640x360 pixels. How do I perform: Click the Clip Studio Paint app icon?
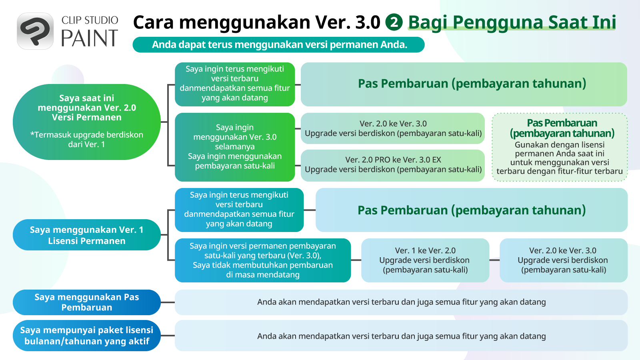pyautogui.click(x=35, y=31)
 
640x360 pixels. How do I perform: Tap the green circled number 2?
pyautogui.click(x=394, y=22)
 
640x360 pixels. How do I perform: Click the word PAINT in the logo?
pyautogui.click(x=90, y=38)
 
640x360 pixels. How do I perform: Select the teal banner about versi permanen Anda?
pyautogui.click(x=278, y=44)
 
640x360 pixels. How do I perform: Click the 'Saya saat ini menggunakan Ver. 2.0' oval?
pyautogui.click(x=86, y=122)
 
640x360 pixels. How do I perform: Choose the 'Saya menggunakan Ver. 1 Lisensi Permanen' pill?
pyautogui.click(x=86, y=235)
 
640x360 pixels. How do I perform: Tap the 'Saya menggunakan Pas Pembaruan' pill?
pyautogui.click(x=86, y=302)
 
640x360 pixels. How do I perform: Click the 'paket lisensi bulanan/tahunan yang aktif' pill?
pyautogui.click(x=86, y=336)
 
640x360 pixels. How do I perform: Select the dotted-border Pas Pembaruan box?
pyautogui.click(x=560, y=147)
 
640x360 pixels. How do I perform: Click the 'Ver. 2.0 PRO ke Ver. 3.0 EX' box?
pyautogui.click(x=393, y=166)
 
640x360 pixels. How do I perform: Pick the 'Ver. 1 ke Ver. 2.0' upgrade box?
pyautogui.click(x=425, y=260)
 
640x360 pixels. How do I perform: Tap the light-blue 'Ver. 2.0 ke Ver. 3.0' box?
pyautogui.click(x=564, y=260)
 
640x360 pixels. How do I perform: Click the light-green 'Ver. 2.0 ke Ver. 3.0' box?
pyautogui.click(x=393, y=128)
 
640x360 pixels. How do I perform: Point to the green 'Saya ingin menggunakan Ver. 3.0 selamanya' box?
pyautogui.click(x=235, y=147)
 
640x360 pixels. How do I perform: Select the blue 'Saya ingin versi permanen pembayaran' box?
pyautogui.click(x=263, y=260)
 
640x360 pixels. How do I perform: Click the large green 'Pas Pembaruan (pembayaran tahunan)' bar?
pyautogui.click(x=464, y=84)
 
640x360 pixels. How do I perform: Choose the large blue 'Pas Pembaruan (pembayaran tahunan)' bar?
pyautogui.click(x=472, y=210)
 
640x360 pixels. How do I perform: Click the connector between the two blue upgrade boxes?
pyautogui.click(x=494, y=260)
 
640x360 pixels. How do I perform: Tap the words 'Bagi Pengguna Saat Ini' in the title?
pyautogui.click(x=512, y=22)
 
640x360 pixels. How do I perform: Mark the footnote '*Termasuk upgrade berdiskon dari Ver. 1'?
pyautogui.click(x=86, y=140)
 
